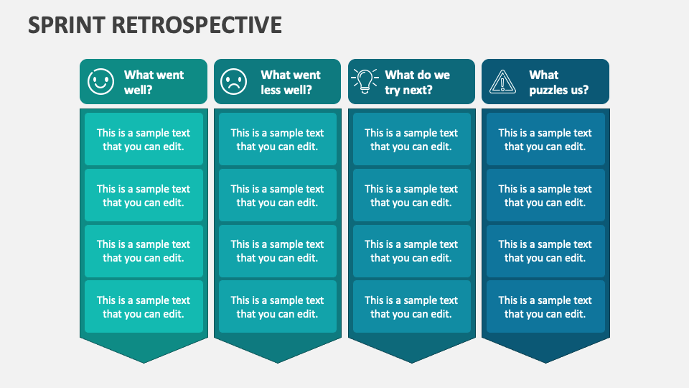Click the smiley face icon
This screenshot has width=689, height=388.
[100, 81]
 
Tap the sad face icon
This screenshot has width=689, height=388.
[233, 81]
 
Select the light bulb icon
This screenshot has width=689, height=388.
[365, 81]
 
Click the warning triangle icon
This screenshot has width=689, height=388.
[502, 81]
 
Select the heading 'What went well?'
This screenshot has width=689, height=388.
[154, 82]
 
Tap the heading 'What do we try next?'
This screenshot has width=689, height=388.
[417, 82]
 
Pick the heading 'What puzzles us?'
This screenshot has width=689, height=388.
[558, 82]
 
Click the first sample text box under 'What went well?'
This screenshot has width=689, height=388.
[144, 139]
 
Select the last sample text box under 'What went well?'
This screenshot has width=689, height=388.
[144, 307]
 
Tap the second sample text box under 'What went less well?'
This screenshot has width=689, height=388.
[277, 195]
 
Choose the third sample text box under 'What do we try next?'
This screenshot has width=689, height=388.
[411, 251]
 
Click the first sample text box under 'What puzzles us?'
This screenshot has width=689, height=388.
[545, 139]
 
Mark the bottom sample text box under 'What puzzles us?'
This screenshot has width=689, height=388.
[545, 307]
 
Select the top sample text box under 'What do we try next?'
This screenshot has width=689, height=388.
[411, 139]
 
